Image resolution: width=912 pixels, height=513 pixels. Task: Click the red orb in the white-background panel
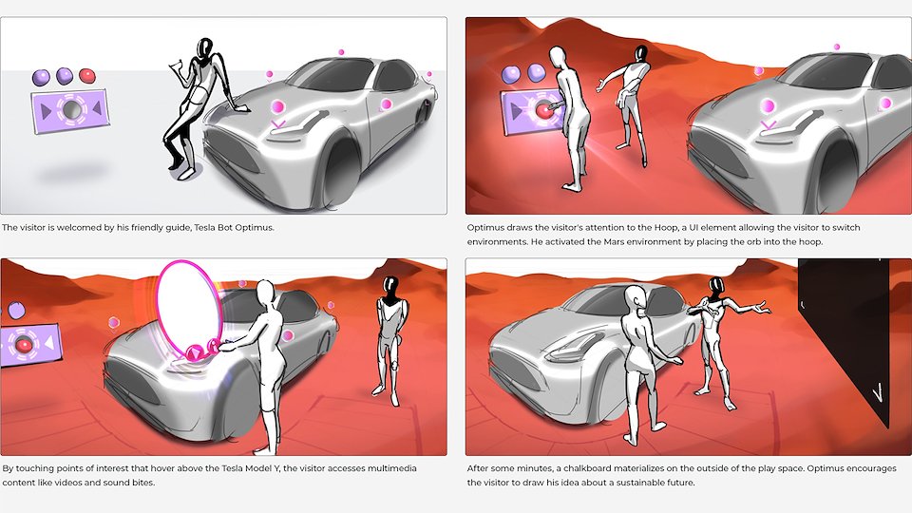(x=86, y=75)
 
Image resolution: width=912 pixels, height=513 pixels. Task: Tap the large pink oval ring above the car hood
(x=161, y=308)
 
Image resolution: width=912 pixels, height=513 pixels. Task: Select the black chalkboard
(x=843, y=343)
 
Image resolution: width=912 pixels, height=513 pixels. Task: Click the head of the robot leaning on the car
(x=205, y=48)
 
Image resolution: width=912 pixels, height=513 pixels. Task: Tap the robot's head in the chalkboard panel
(x=715, y=287)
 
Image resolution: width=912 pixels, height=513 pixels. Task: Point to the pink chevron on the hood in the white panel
(x=278, y=123)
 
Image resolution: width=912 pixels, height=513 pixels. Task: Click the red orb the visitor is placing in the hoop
(x=543, y=110)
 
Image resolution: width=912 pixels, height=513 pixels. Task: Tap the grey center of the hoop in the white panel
(x=71, y=108)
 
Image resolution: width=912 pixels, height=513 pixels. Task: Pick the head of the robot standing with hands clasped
(x=390, y=287)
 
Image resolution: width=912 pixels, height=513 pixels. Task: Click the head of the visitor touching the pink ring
(x=266, y=292)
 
